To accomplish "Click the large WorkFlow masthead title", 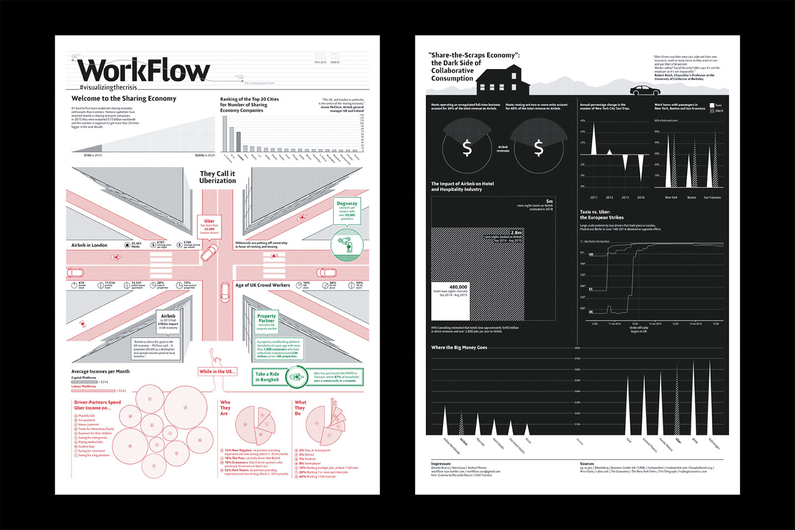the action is point(144,71).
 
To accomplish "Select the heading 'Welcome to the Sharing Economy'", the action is point(124,98).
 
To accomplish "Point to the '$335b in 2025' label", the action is point(205,155).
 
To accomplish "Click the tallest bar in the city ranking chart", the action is point(225,133).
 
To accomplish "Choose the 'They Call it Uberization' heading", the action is point(217,177).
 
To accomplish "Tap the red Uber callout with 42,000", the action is point(209,227).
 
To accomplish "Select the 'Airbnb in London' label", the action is point(89,245).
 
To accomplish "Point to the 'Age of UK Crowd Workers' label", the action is point(262,285).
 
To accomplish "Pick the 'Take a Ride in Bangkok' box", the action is point(267,377).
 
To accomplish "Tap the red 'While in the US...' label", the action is point(217,372).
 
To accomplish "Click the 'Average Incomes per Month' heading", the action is point(100,372).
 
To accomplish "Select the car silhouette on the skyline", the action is point(645,90).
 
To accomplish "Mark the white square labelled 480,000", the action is point(450,302).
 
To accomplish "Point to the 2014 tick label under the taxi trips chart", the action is point(641,198).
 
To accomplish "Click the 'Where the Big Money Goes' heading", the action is point(459,348).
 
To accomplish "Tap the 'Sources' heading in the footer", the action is point(587,463).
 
